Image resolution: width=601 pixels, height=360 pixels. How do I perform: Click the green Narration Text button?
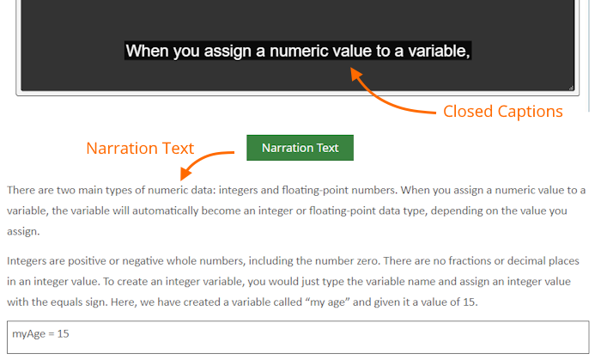coord(300,148)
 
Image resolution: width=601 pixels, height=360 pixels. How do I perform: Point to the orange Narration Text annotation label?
coord(140,149)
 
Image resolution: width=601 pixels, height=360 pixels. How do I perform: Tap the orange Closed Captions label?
coord(503,112)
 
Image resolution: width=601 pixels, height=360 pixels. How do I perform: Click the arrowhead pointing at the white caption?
coord(356,74)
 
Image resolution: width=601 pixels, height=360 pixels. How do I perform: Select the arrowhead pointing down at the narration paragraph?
coord(185,174)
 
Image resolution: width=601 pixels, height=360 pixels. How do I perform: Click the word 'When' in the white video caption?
coord(147,51)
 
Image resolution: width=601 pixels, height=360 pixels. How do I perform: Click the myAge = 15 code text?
coord(40,334)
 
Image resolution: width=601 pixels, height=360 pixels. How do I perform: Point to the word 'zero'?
coord(366,261)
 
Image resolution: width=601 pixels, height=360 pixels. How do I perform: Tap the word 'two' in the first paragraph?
coord(66,190)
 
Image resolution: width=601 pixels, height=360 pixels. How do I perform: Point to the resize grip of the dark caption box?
coord(571,88)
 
